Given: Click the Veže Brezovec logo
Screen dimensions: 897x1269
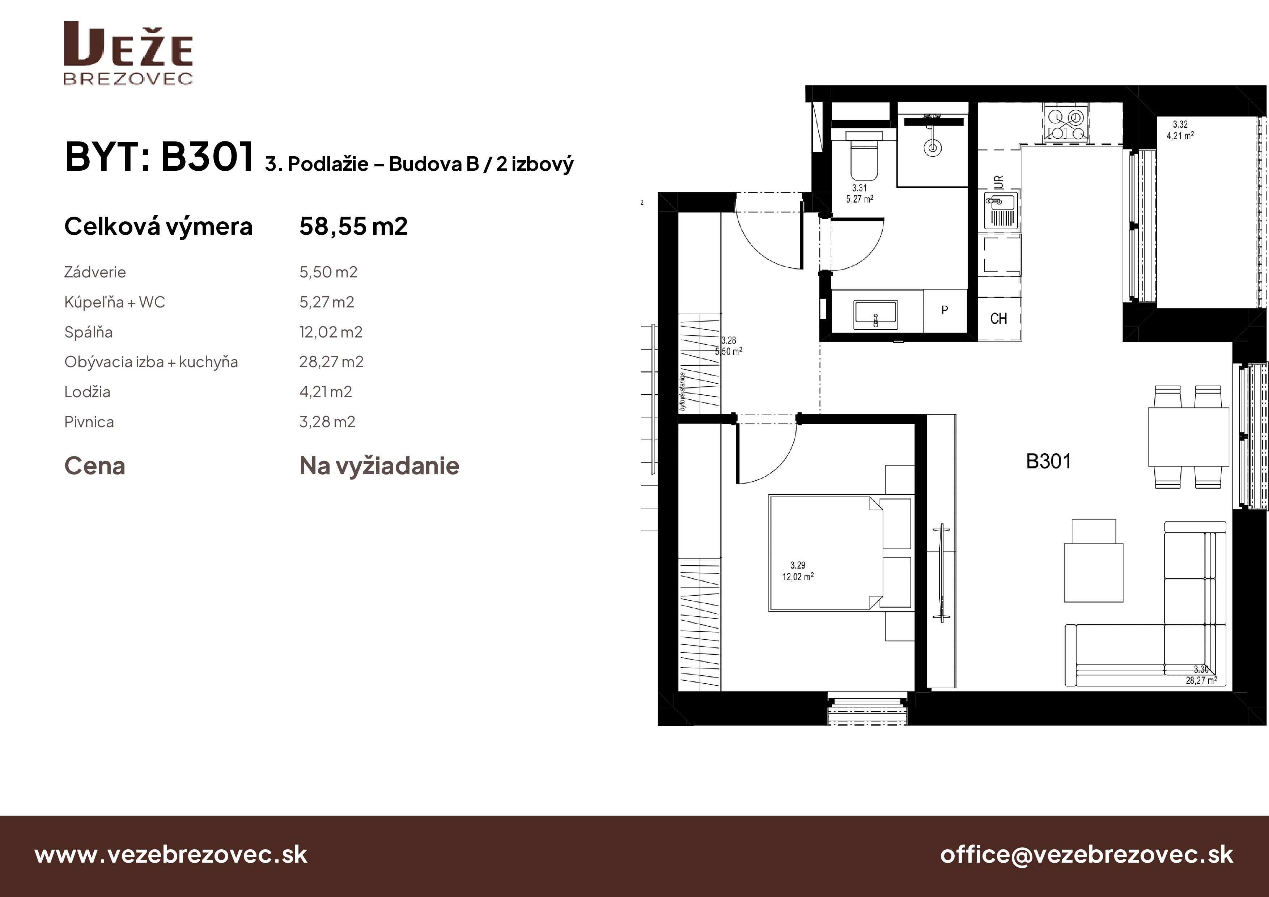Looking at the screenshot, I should coord(128,53).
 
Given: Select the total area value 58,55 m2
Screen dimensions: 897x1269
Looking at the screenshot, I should coord(353,226).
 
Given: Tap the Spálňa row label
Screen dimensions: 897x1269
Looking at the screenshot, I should coord(88,332).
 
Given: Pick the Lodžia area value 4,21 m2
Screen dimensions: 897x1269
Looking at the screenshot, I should coord(326,392).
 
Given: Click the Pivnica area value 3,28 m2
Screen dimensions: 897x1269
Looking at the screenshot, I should coord(327,422).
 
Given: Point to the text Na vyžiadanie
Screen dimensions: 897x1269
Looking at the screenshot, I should coord(379,466).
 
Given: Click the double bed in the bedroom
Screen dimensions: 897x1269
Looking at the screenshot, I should coord(824,553).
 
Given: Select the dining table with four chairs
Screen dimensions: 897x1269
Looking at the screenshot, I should coord(1188,437).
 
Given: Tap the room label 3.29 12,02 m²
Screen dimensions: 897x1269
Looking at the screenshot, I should coord(798,571).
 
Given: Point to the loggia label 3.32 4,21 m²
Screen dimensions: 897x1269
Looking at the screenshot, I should coord(1180,130).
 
